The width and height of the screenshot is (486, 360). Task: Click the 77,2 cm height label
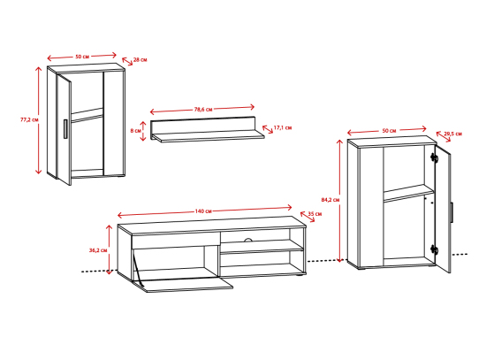point(29,119)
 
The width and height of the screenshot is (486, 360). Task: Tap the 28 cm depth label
point(140,59)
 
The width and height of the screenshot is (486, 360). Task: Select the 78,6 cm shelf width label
point(203,110)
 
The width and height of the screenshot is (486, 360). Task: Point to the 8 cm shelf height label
point(135,131)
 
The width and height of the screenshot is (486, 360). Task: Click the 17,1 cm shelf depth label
point(283,127)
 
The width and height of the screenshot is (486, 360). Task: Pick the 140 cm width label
point(203,211)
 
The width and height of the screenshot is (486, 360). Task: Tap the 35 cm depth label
point(315,214)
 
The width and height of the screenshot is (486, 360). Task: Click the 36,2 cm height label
point(98,249)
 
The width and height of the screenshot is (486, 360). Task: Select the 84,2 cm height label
point(330,200)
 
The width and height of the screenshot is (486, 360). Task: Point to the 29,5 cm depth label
point(452,134)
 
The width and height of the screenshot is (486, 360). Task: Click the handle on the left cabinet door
point(65,129)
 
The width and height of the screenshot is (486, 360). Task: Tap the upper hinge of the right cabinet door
point(434,158)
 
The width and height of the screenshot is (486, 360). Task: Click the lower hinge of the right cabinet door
point(434,249)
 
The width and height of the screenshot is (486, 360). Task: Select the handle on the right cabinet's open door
point(452,212)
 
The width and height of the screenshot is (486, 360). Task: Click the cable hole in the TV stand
point(248,240)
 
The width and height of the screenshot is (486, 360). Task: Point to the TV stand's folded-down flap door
point(183,284)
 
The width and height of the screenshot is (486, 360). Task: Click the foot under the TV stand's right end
point(299,275)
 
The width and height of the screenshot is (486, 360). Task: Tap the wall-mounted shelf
point(208,129)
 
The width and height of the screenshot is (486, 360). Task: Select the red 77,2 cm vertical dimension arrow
point(38,120)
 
